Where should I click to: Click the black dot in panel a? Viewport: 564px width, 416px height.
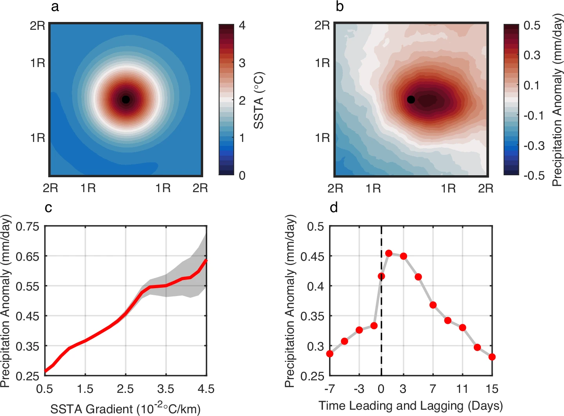pos(126,100)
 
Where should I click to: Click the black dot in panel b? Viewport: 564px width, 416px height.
pos(411,100)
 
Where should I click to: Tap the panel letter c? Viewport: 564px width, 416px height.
pos(48,208)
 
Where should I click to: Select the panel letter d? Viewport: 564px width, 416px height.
pos(334,207)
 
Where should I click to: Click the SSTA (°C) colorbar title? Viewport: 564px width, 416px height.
pos(259,100)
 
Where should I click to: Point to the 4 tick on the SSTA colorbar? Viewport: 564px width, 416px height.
pos(242,25)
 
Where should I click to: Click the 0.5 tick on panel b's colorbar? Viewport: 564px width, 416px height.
pos(532,25)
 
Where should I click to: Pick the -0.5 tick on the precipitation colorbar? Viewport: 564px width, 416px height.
pos(533,175)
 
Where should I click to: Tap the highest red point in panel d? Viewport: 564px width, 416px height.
pos(389,253)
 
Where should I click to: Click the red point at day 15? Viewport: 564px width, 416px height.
pos(492,357)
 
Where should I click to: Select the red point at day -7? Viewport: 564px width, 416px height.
pos(330,354)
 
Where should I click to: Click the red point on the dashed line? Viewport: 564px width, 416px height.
pos(381,276)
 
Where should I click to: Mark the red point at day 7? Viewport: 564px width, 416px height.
pos(433,305)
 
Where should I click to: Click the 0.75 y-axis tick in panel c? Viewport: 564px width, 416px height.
pos(27,227)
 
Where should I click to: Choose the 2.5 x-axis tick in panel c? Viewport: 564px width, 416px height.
pos(125,389)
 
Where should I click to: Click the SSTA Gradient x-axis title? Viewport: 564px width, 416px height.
pos(125,409)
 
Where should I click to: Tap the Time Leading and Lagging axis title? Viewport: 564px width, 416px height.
pos(410,405)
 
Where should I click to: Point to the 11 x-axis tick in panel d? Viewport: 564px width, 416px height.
pos(462,389)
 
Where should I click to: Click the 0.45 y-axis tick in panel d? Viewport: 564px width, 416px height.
pos(312,256)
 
